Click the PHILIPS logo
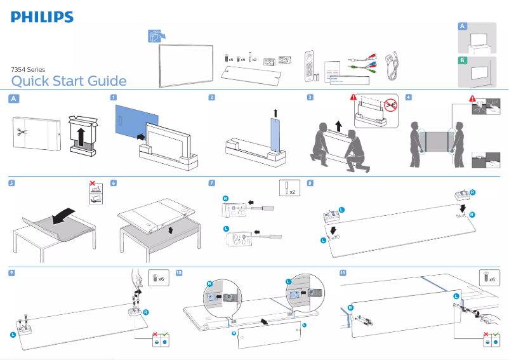[42, 17]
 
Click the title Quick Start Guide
[69, 81]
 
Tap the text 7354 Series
[28, 69]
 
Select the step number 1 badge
[113, 98]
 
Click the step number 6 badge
[113, 183]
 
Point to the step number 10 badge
[179, 272]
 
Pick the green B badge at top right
[463, 60]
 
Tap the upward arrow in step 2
[275, 113]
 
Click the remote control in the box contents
[310, 63]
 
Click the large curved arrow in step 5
[67, 216]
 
